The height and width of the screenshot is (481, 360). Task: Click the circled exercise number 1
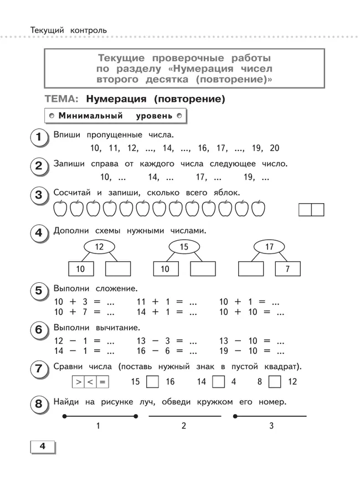click(x=38, y=137)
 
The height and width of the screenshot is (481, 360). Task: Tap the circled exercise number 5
click(x=38, y=291)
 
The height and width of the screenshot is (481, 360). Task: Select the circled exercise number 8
click(x=38, y=405)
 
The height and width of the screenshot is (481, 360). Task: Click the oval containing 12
click(x=99, y=247)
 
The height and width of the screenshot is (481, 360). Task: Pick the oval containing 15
click(x=184, y=247)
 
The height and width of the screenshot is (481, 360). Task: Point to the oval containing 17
click(x=270, y=247)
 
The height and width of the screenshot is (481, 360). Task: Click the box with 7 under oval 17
click(x=287, y=269)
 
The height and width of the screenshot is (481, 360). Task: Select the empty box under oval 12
click(x=117, y=269)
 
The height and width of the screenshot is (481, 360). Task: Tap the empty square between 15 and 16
click(x=153, y=381)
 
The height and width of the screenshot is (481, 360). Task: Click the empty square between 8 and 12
click(x=275, y=381)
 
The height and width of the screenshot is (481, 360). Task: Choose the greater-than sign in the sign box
click(x=79, y=381)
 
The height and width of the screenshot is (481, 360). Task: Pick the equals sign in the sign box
click(x=102, y=381)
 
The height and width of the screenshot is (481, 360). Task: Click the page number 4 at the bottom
click(x=41, y=447)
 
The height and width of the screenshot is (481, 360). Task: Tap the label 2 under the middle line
click(x=184, y=426)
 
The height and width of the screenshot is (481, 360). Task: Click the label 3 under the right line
click(x=271, y=426)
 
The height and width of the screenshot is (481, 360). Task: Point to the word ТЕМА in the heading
click(x=61, y=100)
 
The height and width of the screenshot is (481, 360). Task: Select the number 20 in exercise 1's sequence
click(x=274, y=148)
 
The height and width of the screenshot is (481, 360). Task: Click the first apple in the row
click(x=60, y=209)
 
